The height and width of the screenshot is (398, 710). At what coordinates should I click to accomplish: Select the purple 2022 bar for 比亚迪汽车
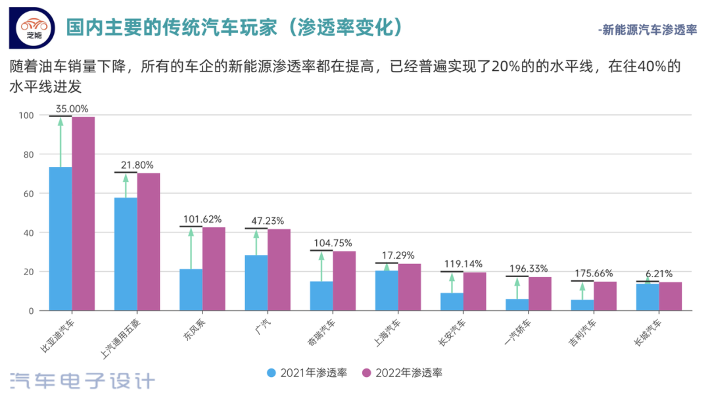pyautogui.click(x=83, y=213)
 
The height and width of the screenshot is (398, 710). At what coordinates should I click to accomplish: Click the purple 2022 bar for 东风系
pyautogui.click(x=214, y=269)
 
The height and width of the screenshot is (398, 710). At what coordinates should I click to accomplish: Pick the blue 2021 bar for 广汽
pyautogui.click(x=256, y=282)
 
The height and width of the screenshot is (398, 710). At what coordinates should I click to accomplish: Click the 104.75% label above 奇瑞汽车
pyautogui.click(x=333, y=242)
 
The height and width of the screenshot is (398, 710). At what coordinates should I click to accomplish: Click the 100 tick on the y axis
pyautogui.click(x=26, y=116)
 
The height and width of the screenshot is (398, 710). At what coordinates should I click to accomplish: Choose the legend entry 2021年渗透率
pyautogui.click(x=306, y=373)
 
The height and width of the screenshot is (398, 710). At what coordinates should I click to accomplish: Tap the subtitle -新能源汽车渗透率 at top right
pyautogui.click(x=647, y=30)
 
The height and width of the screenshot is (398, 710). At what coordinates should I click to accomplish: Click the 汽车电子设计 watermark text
pyautogui.click(x=83, y=381)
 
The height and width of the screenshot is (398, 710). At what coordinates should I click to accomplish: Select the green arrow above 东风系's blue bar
pyautogui.click(x=191, y=248)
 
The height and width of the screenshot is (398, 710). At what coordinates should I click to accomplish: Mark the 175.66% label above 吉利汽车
pyautogui.click(x=594, y=273)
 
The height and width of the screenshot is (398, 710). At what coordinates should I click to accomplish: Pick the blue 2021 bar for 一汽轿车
pyautogui.click(x=517, y=305)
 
